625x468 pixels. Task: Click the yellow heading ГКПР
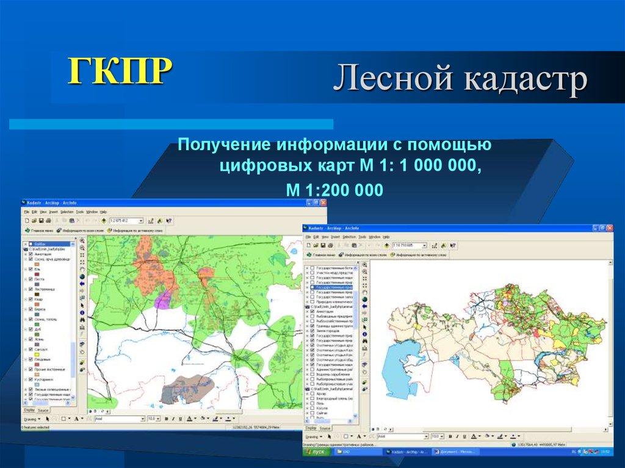[119, 71]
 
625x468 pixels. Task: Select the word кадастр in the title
[527, 80]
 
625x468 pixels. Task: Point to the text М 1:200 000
[334, 190]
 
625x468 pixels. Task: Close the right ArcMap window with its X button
[609, 227]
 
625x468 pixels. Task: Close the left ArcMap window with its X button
[323, 203]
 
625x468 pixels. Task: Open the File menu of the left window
[27, 212]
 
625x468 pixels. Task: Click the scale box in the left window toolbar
[126, 220]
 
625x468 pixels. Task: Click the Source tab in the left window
[43, 411]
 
